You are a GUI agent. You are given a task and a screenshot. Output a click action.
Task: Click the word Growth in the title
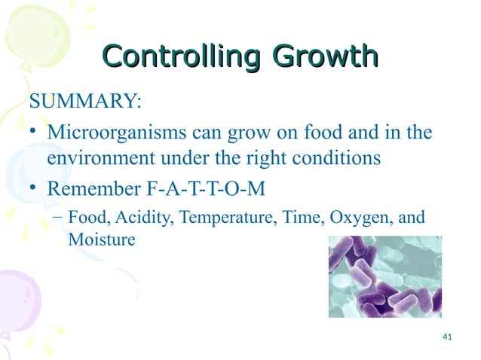point(325,57)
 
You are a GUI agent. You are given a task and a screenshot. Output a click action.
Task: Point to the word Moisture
point(102,240)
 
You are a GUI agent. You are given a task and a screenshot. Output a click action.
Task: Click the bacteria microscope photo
point(384,276)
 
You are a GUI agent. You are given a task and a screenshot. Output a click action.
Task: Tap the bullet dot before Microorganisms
point(34,133)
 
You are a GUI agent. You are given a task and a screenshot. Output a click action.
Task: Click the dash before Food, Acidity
point(57,218)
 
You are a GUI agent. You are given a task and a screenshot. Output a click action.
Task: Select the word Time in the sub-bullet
point(292,218)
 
